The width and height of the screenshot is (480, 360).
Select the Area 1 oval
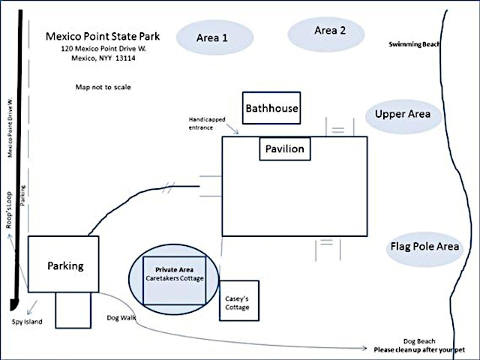point(214,37)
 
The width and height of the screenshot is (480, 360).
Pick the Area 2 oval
point(326,34)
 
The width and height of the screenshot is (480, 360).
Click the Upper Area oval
point(403,117)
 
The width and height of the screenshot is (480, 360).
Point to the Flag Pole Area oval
point(425,250)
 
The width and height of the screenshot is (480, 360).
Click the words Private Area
point(174,270)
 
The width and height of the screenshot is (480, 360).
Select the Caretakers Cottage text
point(175,278)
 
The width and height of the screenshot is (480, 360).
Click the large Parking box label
point(65,265)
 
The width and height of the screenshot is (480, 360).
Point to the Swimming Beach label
point(414,44)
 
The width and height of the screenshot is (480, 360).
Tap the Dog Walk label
point(121,318)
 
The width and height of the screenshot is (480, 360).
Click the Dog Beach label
point(419,341)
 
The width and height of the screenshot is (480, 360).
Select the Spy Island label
point(27,322)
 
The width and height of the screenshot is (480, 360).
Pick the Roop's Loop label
point(9,210)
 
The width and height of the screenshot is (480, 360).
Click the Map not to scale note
point(103,87)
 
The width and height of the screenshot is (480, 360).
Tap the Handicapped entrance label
point(207,123)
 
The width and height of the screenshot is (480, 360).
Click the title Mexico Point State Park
point(103,36)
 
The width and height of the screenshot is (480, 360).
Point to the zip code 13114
point(125,58)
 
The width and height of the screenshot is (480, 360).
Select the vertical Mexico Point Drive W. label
point(10,127)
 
